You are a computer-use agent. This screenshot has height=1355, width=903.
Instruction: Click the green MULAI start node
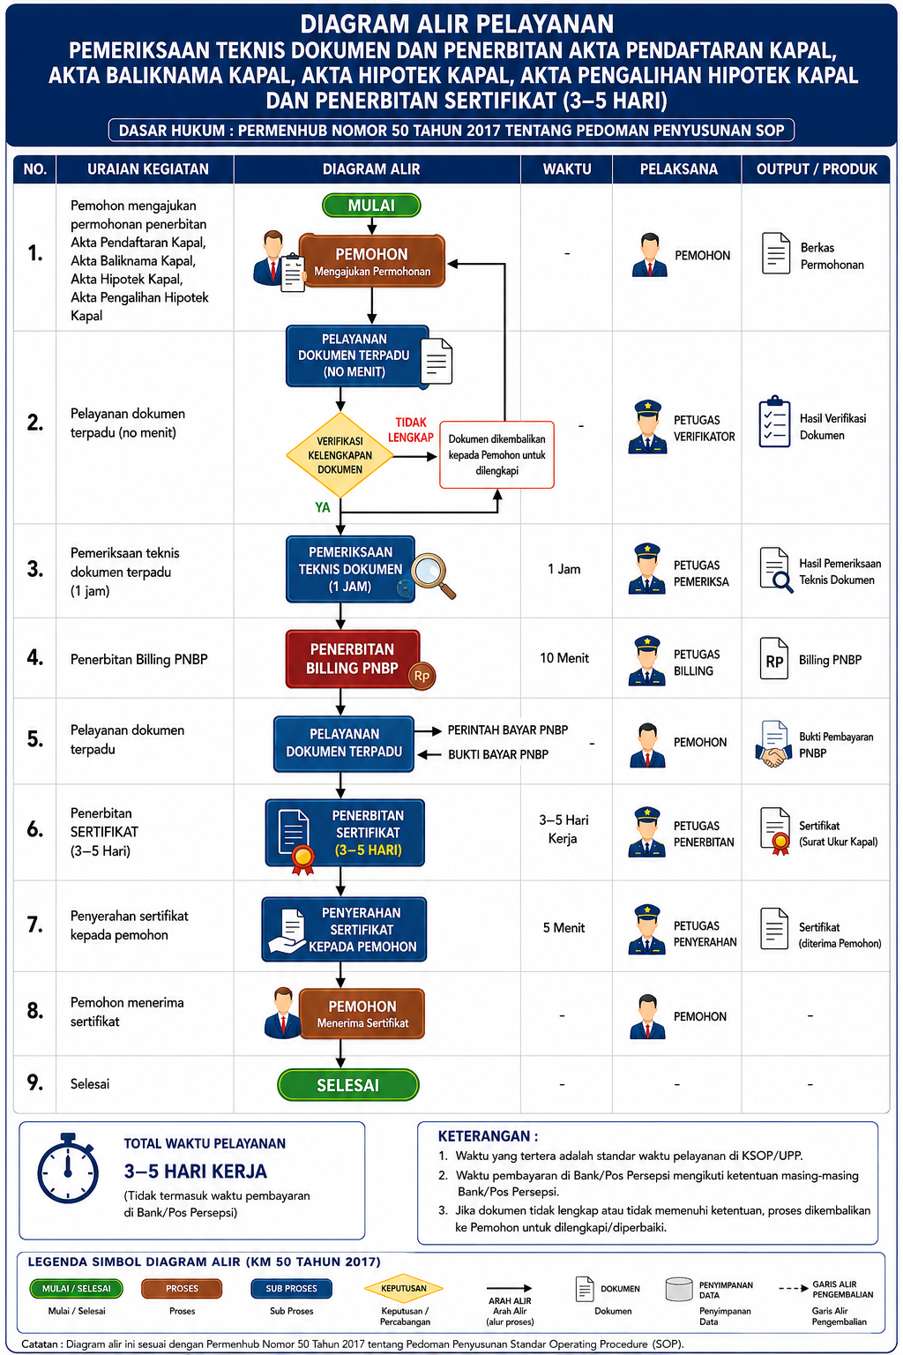(371, 205)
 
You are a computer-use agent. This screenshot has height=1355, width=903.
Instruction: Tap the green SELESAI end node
(347, 1084)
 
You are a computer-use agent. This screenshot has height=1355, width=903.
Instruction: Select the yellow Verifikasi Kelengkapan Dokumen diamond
(340, 455)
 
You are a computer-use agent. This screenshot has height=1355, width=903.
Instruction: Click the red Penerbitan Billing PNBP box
(353, 659)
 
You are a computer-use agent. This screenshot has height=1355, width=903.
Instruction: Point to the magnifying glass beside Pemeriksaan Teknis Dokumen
(433, 575)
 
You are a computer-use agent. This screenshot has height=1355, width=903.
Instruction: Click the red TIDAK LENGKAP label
(411, 430)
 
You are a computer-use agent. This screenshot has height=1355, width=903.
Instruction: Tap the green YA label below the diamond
(323, 507)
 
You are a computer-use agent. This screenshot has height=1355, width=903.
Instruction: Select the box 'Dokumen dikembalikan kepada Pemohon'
(496, 455)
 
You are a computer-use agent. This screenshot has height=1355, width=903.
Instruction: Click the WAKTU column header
(567, 168)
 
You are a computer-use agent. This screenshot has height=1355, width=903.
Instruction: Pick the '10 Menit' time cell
(564, 657)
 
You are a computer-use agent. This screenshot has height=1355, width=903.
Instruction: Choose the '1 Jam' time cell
(563, 569)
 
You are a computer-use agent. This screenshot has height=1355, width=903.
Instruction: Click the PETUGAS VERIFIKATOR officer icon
(647, 427)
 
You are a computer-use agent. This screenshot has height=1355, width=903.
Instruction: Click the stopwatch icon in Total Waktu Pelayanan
(68, 1170)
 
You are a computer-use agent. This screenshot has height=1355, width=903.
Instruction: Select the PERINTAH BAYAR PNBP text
(507, 730)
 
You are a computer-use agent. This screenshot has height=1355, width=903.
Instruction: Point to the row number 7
(35, 925)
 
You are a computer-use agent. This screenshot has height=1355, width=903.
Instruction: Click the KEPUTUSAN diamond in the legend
(403, 1288)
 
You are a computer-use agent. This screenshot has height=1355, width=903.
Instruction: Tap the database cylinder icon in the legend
(679, 1289)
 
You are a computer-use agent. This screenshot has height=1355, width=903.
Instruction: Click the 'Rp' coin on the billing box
(422, 677)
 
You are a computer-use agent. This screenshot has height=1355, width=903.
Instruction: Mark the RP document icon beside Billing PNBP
(774, 659)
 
